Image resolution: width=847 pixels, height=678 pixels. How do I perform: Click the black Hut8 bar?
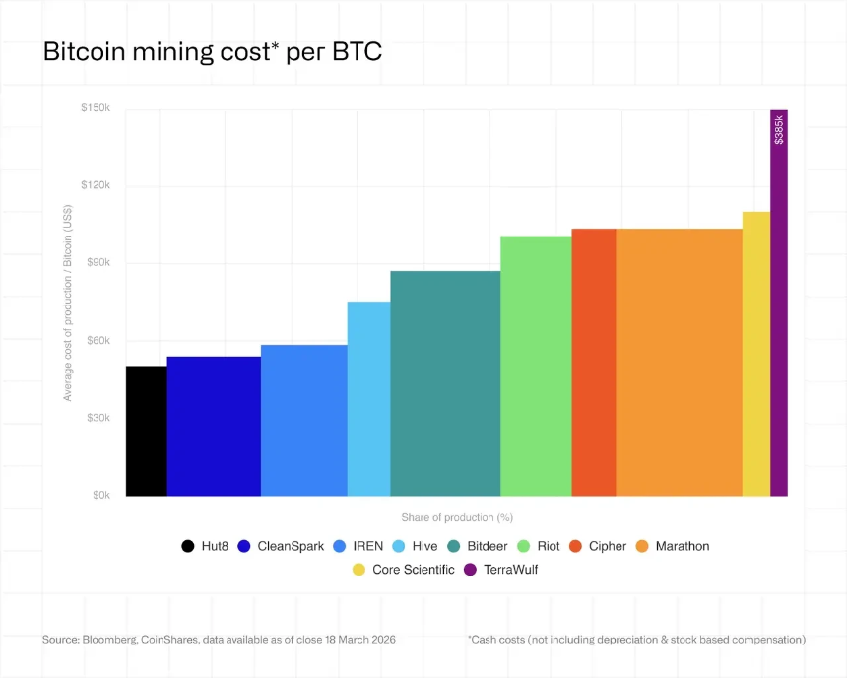[146, 431]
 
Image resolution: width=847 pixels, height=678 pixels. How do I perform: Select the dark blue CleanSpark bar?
[214, 426]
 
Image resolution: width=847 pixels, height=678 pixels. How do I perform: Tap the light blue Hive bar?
[368, 398]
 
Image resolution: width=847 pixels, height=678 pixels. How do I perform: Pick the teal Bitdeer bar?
[445, 383]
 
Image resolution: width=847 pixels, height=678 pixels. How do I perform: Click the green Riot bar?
[536, 366]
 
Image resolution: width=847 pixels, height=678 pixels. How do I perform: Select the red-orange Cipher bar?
[594, 362]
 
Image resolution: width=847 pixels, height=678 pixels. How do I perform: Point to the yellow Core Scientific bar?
[755, 353]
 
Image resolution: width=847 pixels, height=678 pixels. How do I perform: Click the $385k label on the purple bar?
[779, 129]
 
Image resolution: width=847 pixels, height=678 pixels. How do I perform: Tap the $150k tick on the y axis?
[96, 108]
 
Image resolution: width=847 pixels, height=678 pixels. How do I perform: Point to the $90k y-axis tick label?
[97, 263]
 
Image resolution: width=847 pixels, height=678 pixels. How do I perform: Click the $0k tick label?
[101, 495]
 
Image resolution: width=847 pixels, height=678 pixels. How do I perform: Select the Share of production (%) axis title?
[457, 517]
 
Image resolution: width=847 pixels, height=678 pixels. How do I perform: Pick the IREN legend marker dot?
[340, 546]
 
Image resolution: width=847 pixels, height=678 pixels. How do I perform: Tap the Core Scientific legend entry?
[404, 569]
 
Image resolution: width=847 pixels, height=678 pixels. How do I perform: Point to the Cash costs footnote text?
[636, 640]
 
